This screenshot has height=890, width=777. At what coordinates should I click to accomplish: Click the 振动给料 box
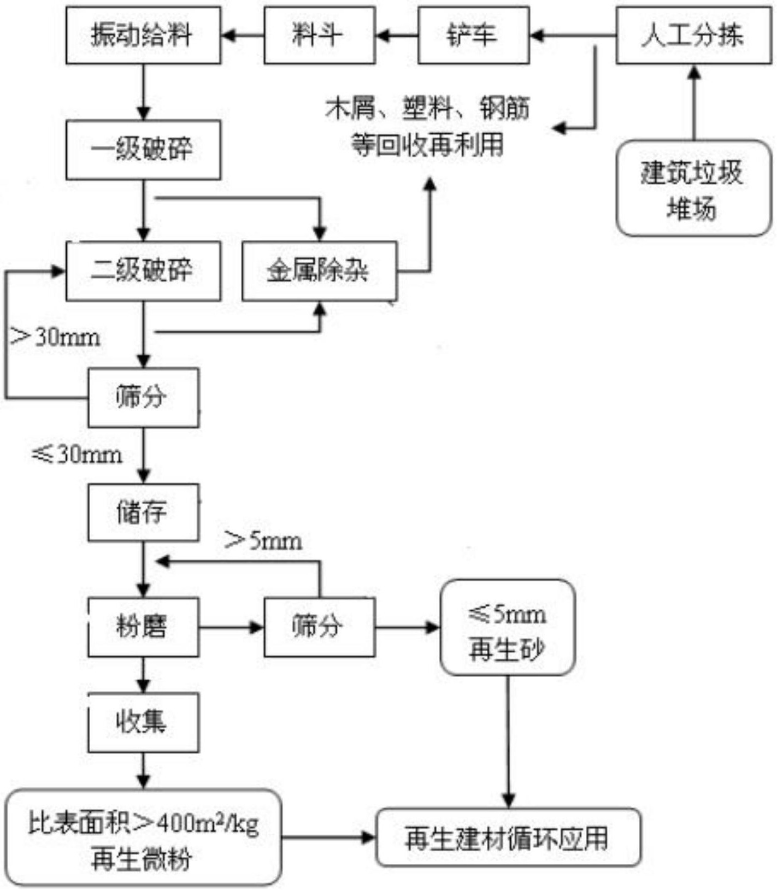pos(143,36)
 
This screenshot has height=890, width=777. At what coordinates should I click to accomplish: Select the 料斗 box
pos(319,36)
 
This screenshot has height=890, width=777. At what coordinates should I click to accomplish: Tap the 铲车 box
pos(473,36)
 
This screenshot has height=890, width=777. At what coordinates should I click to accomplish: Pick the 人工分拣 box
pos(693,36)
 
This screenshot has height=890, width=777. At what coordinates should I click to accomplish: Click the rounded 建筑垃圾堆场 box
pos(693,188)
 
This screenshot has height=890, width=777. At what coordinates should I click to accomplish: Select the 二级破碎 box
pos(143,271)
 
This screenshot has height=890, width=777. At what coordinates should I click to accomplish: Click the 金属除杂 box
pos(319,271)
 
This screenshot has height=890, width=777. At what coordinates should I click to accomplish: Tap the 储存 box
pos(143,512)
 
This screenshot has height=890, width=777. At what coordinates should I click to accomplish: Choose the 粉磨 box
pos(143,627)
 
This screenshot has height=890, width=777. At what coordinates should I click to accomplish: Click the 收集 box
pos(143,722)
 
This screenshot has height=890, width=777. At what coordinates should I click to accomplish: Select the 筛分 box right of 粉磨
pos(319,627)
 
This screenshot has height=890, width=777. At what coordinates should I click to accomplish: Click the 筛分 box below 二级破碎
pos(143,397)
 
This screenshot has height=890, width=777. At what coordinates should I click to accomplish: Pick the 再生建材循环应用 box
pos(508,838)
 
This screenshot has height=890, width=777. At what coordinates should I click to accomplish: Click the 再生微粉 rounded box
pos(143,838)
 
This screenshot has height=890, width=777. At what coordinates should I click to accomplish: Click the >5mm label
pos(263,541)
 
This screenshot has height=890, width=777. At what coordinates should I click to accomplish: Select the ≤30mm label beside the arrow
pos(76,455)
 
